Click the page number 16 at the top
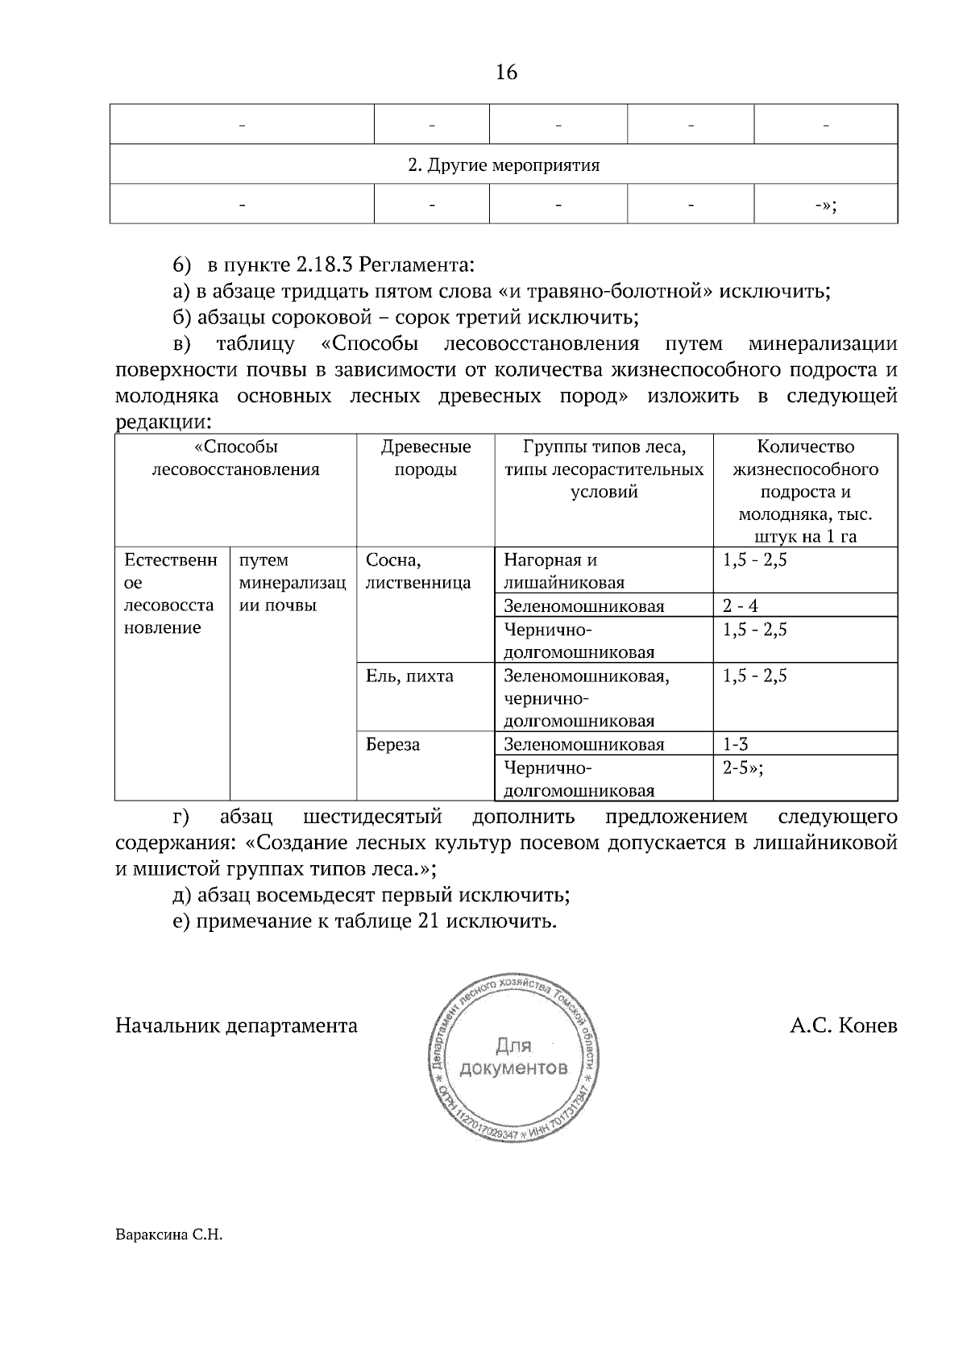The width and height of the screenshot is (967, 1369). [506, 73]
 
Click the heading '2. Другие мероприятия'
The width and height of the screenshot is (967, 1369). [504, 165]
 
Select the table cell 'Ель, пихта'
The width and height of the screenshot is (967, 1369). [409, 676]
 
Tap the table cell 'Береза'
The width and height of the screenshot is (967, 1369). [392, 745]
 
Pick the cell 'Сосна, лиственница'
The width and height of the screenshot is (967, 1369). [417, 571]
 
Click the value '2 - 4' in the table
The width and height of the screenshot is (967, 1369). [740, 606]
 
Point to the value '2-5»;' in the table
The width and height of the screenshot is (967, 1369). [742, 768]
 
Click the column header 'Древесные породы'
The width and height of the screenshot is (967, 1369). [425, 458]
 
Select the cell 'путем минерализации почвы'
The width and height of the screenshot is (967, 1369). [293, 582]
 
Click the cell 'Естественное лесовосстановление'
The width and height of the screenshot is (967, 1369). [170, 593]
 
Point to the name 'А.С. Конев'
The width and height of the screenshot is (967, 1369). [843, 1026]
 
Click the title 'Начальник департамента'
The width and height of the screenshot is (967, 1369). [237, 1026]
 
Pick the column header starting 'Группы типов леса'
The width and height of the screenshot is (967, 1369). [604, 469]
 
